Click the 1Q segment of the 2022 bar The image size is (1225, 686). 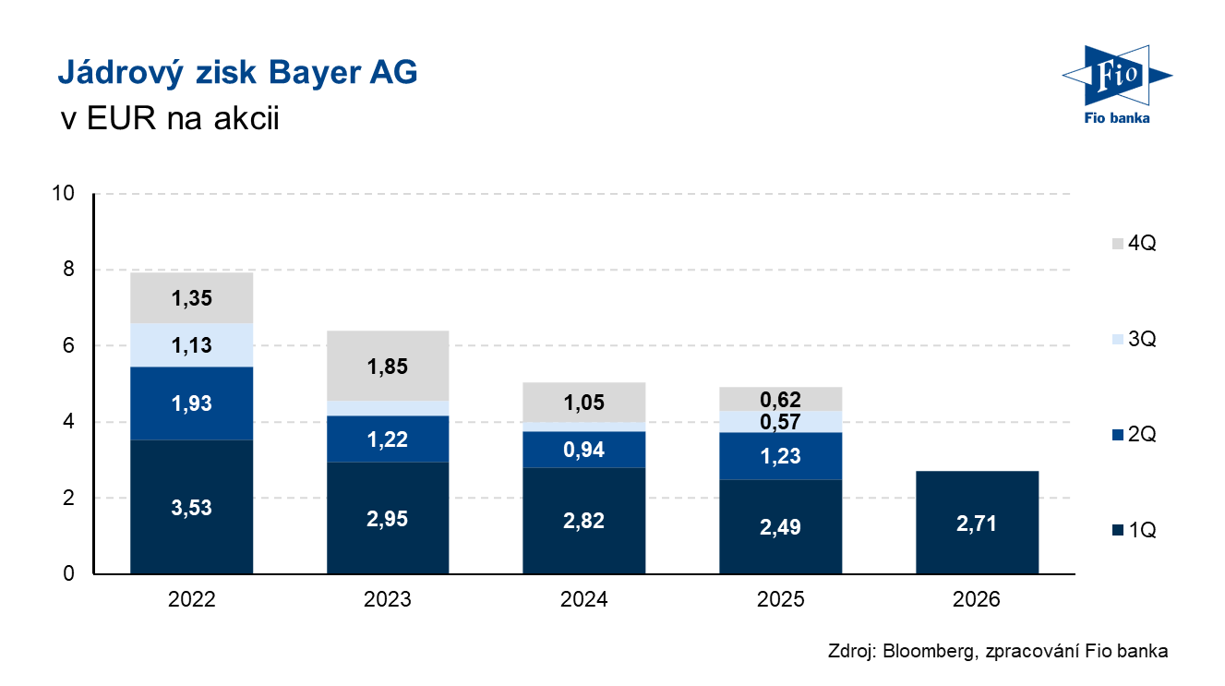coord(191,507)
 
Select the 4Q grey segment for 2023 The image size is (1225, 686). coord(388,366)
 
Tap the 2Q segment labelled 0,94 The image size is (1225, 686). coord(584,449)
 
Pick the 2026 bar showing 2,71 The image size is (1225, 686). coord(977,523)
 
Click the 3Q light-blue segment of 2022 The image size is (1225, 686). coord(191,344)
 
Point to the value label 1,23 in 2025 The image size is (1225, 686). coord(780,456)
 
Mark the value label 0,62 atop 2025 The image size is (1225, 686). coord(780,400)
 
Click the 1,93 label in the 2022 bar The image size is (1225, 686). coord(191,403)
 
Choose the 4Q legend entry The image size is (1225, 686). coord(1135,243)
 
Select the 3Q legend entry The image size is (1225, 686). coord(1135,339)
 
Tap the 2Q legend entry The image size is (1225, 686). coord(1135,434)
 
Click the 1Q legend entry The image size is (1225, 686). coord(1135,530)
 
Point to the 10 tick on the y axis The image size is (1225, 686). coord(63,193)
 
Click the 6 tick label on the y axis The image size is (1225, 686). coord(68,345)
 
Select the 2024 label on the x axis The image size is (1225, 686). coord(584,599)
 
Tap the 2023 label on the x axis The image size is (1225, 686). coord(388,599)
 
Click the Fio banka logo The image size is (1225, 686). coord(1117,85)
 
